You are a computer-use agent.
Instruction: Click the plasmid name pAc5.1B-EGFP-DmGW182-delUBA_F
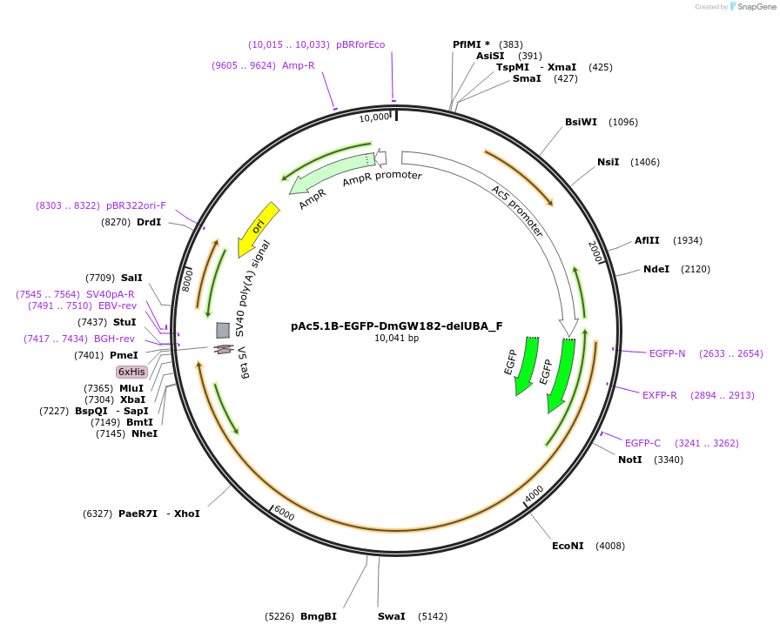397,326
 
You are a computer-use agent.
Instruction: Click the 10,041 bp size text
397,339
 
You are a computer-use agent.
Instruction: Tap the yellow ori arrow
258,228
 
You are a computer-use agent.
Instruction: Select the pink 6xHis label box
132,372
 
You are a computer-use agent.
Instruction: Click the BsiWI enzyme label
581,122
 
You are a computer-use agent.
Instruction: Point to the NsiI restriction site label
608,162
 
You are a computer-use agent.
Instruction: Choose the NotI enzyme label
630,460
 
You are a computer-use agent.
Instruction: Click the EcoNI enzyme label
568,546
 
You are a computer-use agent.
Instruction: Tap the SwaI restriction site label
391,616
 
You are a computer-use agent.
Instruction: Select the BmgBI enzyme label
319,616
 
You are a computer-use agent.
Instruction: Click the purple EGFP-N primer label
667,353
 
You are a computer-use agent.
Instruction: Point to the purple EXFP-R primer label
660,395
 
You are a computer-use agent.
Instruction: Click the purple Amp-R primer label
299,65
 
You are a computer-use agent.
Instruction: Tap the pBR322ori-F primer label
137,205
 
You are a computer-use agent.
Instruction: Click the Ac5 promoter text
517,211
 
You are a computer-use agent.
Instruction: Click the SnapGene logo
751,7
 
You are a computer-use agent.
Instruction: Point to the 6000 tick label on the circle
284,514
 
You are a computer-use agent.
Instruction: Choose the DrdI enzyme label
149,222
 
